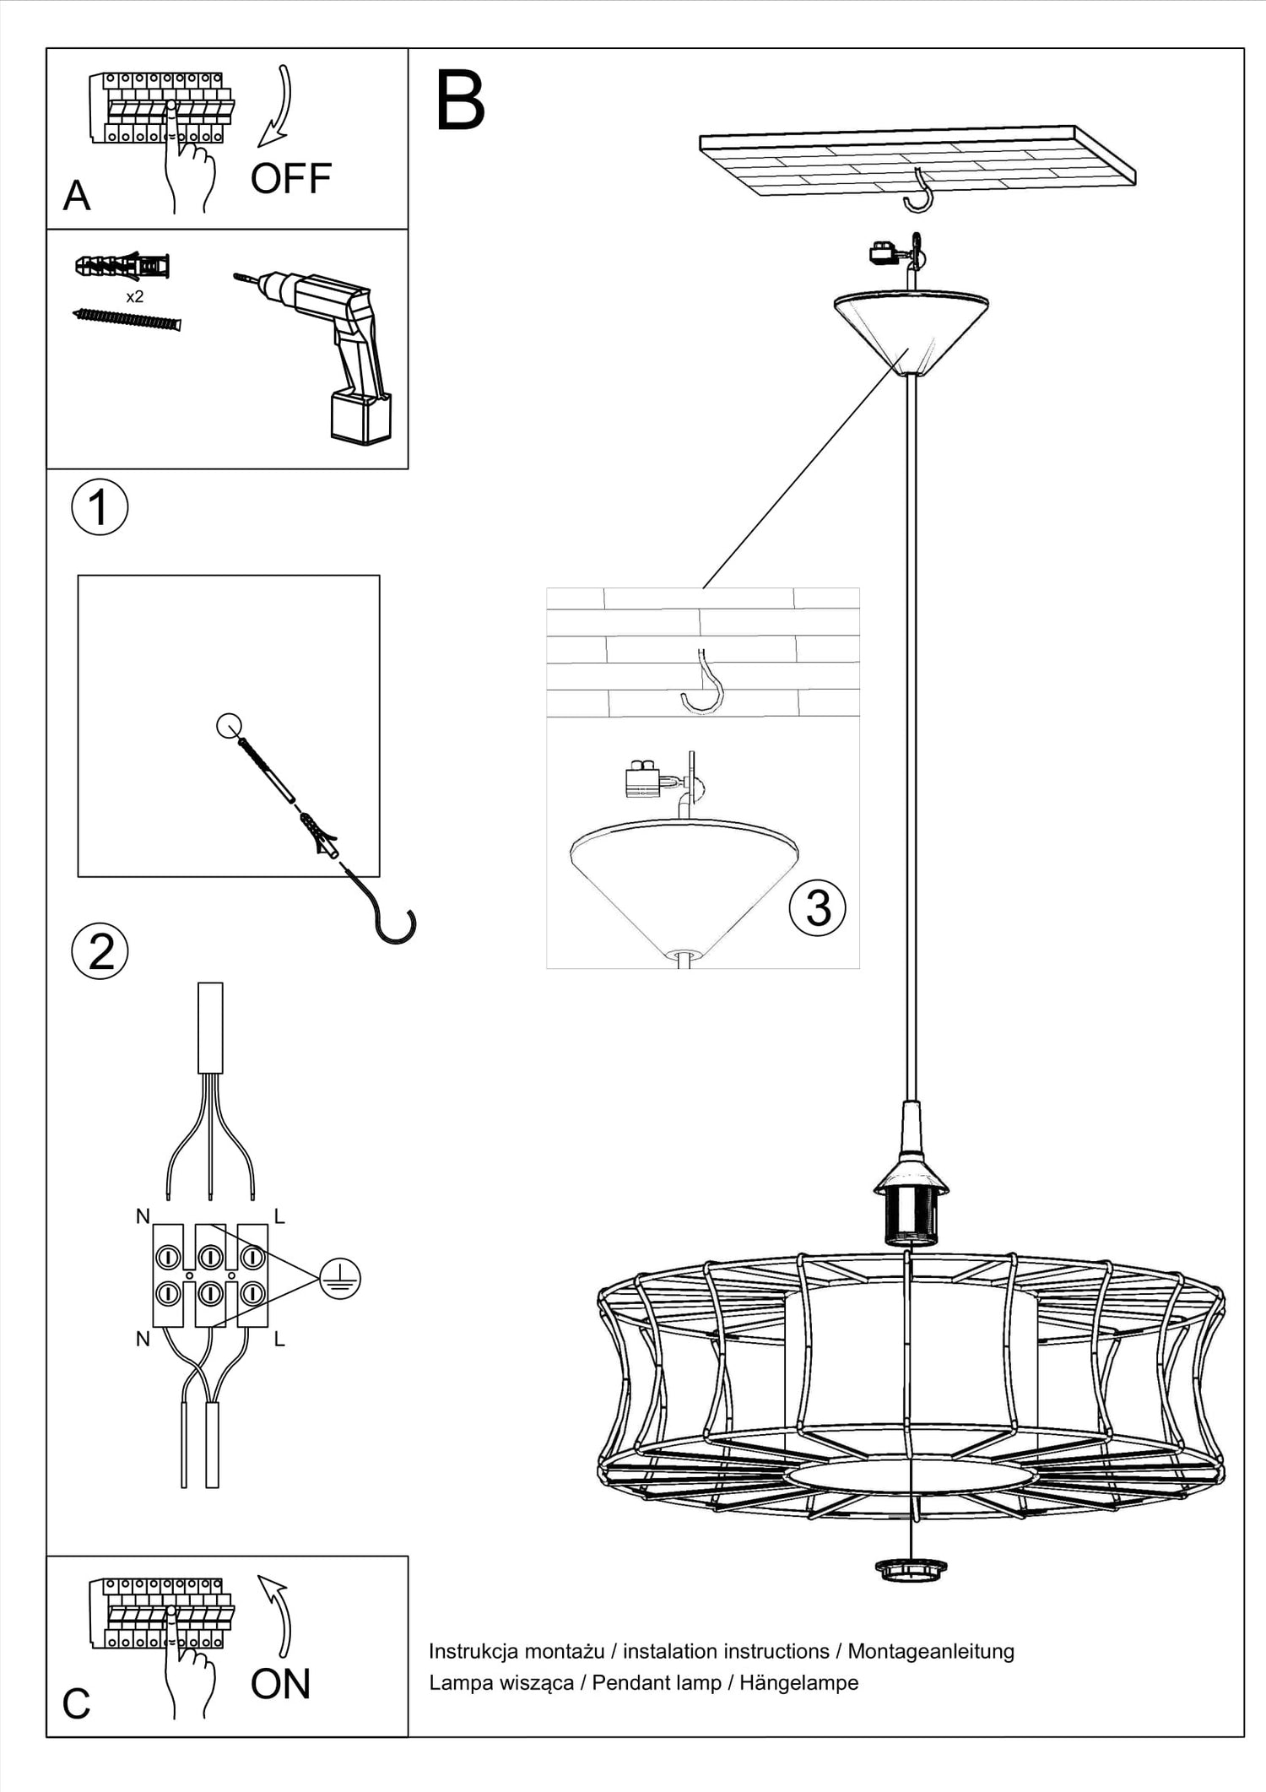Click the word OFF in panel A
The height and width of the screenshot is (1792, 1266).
click(290, 179)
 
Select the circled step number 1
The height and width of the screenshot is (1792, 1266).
click(100, 508)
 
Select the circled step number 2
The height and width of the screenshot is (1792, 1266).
click(100, 952)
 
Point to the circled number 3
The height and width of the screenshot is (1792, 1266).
click(817, 908)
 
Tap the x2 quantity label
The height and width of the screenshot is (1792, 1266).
click(134, 297)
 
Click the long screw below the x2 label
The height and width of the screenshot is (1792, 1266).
click(127, 319)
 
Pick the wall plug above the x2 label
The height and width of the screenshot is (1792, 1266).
click(123, 267)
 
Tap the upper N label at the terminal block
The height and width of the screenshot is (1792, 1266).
click(143, 1216)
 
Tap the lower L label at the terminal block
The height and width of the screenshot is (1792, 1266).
click(279, 1340)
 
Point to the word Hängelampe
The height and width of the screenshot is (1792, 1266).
click(798, 1682)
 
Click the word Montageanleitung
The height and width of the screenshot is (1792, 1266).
click(930, 1651)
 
